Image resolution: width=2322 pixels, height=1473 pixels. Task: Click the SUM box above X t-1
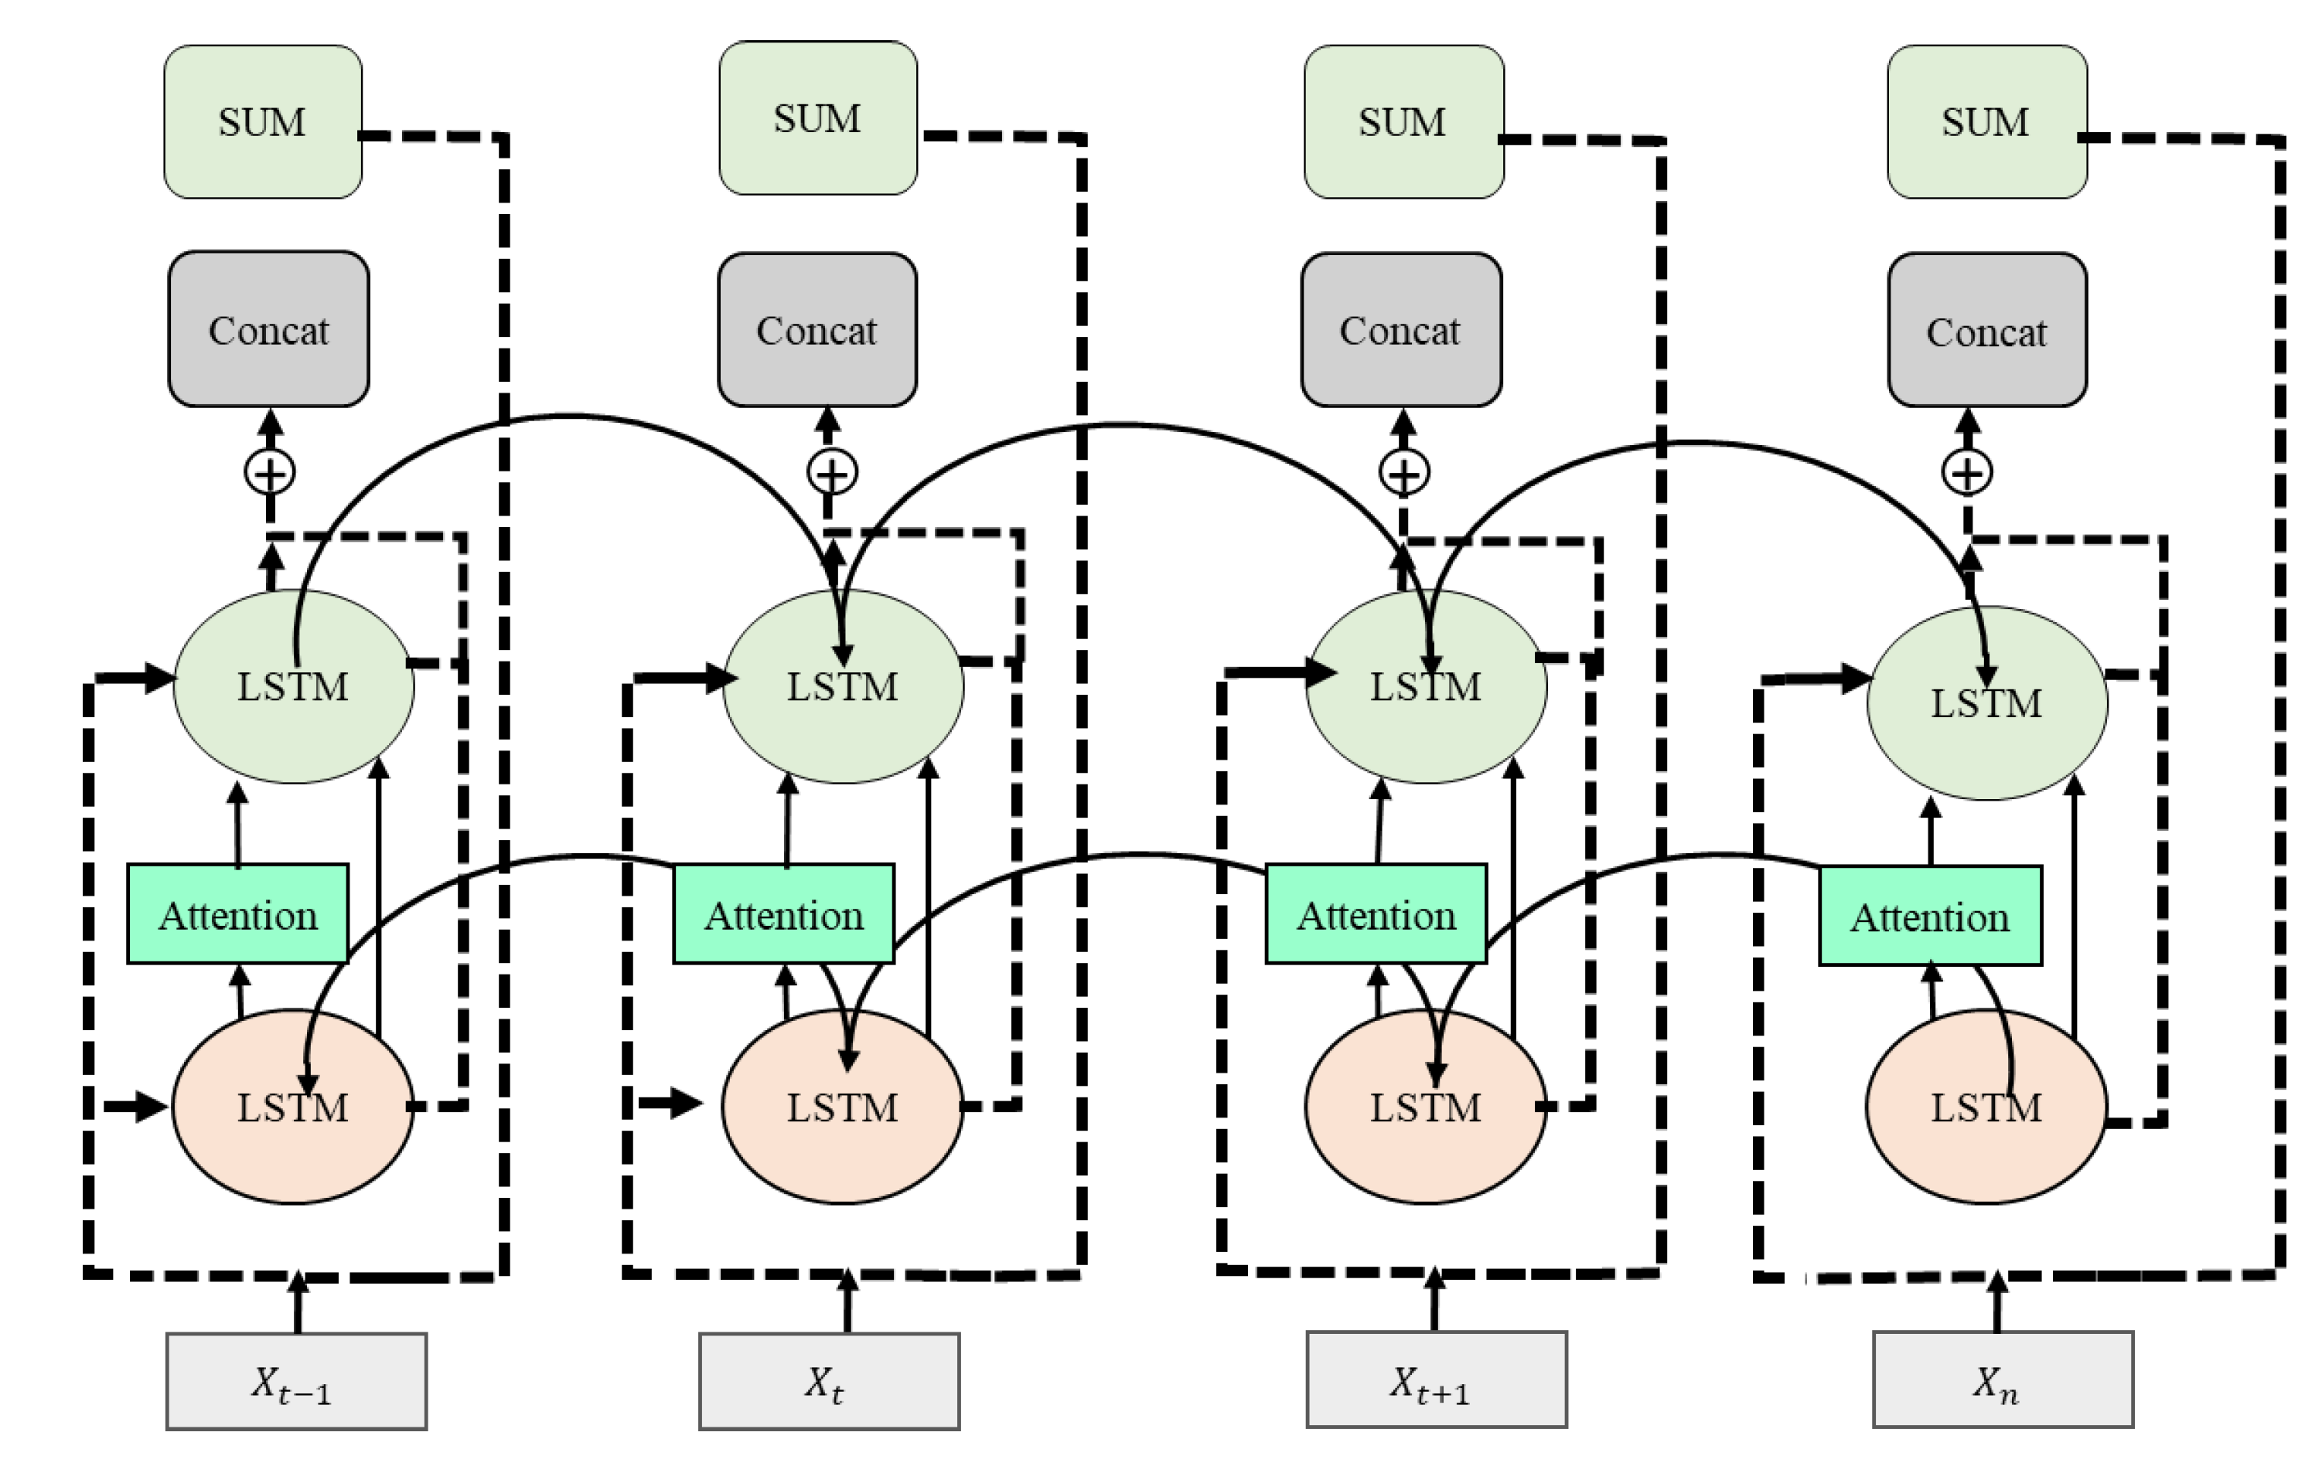coord(262,122)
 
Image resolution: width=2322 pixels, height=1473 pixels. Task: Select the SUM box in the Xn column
coord(1986,122)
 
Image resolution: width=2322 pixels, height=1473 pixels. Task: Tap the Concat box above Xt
coord(817,331)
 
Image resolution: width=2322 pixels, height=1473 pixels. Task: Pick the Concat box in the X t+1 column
coord(1400,331)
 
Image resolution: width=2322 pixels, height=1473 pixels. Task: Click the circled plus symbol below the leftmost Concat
coord(270,473)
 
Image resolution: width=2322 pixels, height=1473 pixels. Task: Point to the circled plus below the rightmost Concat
coord(1967,473)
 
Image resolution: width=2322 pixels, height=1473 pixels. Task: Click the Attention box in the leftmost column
coord(238,914)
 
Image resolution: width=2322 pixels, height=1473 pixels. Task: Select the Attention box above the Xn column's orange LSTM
coord(1929,916)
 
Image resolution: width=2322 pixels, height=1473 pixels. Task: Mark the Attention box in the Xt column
coord(783,914)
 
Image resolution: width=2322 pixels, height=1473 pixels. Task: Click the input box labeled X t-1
coord(296,1381)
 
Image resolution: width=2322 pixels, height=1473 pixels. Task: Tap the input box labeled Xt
coord(828,1381)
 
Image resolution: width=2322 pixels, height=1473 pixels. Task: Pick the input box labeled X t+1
coord(1436,1379)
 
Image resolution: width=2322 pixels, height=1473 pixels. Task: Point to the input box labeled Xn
coord(2002,1379)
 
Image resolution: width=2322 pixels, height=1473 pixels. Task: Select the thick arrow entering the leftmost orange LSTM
coord(135,1106)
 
